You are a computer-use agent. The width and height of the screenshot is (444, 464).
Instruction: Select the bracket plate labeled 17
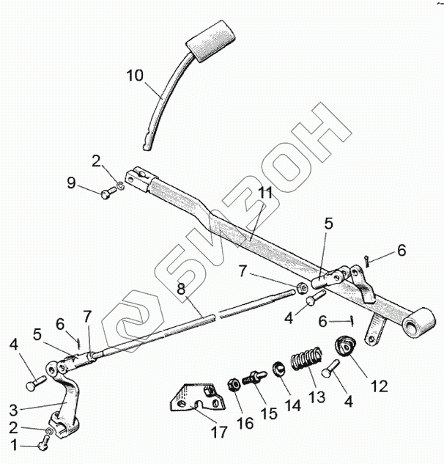tap(194, 399)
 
